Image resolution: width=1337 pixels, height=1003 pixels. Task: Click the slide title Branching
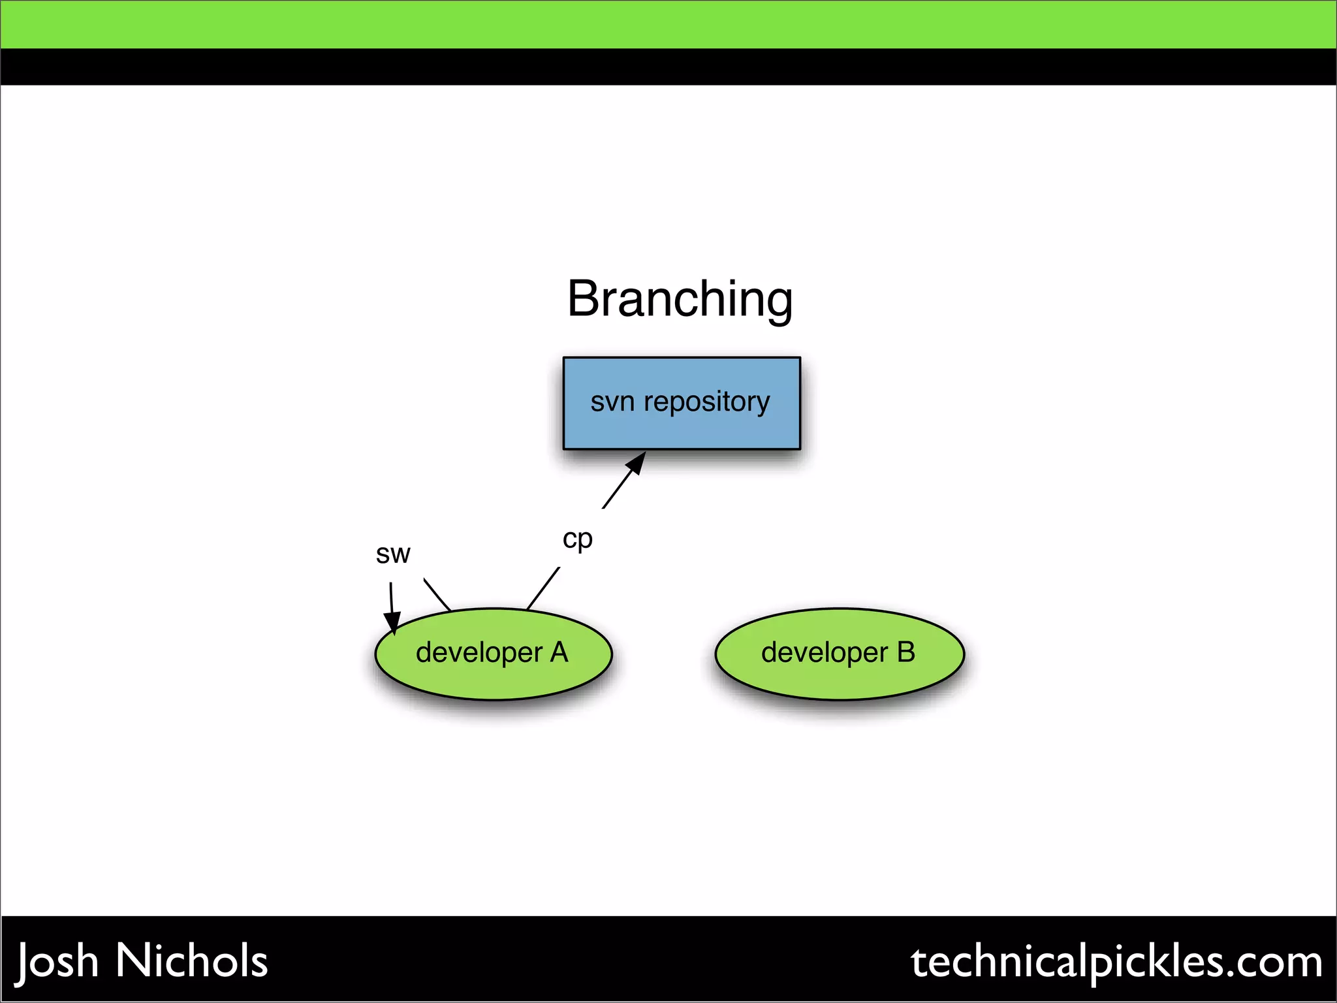[x=680, y=299]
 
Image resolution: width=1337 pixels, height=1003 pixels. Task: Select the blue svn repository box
[x=682, y=431]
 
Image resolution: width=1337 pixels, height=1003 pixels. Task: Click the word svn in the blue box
[x=612, y=402]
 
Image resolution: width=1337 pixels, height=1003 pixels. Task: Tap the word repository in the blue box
[x=707, y=402]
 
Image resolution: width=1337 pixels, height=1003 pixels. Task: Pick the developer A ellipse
[x=494, y=679]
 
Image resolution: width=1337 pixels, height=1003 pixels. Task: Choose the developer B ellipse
[x=840, y=679]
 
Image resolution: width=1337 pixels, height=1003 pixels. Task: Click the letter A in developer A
[x=559, y=652]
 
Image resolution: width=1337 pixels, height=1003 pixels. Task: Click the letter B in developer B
[x=906, y=652]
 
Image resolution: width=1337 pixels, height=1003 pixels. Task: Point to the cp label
[x=577, y=539]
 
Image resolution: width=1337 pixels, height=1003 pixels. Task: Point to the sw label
[x=392, y=554]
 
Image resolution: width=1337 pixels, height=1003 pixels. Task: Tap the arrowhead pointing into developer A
[x=393, y=622]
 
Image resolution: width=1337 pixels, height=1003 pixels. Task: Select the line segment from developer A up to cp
[x=543, y=588]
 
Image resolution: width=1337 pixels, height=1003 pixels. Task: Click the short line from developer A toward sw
[x=437, y=594]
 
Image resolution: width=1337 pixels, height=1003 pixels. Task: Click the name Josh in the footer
[x=57, y=961]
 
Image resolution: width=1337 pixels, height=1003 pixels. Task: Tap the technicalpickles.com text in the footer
[x=1116, y=963]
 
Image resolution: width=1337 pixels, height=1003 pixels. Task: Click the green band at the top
[x=668, y=24]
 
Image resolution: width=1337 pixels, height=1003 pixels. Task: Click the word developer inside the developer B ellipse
[x=824, y=652]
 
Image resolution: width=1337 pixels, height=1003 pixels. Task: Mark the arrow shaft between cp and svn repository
[x=617, y=490]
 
